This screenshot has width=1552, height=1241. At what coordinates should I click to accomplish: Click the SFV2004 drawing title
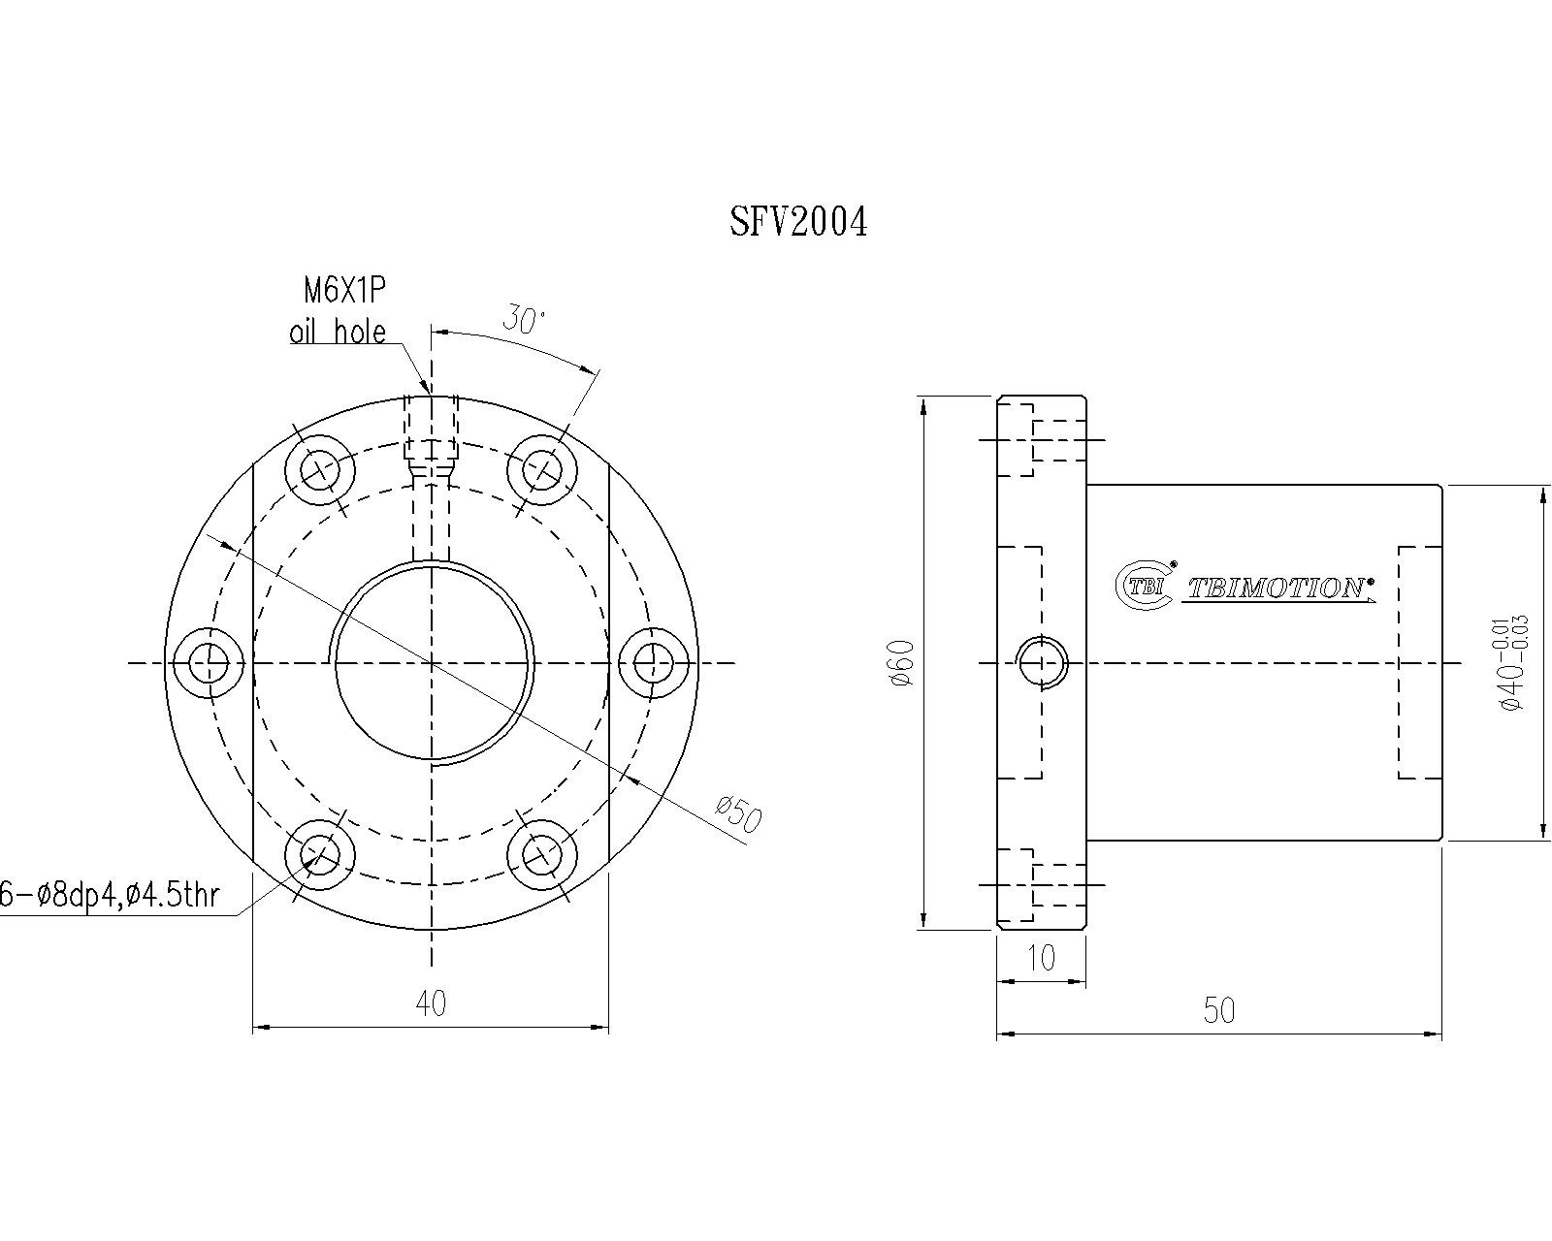click(797, 222)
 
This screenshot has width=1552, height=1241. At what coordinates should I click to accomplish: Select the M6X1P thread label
click(344, 291)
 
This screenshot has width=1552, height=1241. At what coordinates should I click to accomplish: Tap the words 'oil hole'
click(338, 332)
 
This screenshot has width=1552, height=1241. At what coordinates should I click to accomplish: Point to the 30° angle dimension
click(525, 319)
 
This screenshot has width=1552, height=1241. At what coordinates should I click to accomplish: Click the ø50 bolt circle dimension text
click(738, 814)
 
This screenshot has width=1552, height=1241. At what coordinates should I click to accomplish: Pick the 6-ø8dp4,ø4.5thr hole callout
click(109, 896)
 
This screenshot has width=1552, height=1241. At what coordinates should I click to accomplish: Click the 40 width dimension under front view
click(431, 1003)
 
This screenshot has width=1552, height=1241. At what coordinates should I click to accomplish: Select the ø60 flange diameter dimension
click(903, 663)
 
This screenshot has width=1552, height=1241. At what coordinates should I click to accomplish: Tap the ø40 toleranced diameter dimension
click(1512, 663)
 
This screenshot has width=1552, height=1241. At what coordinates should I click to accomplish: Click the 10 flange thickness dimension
click(1041, 958)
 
